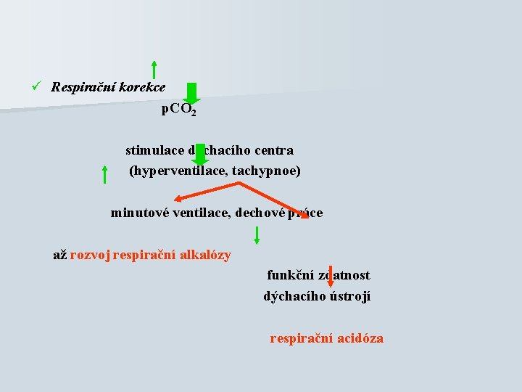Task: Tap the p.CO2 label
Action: (178, 110)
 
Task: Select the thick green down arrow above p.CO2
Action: (191, 93)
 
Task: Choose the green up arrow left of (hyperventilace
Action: (105, 174)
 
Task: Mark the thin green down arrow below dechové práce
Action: (256, 234)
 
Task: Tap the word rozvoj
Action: (90, 255)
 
